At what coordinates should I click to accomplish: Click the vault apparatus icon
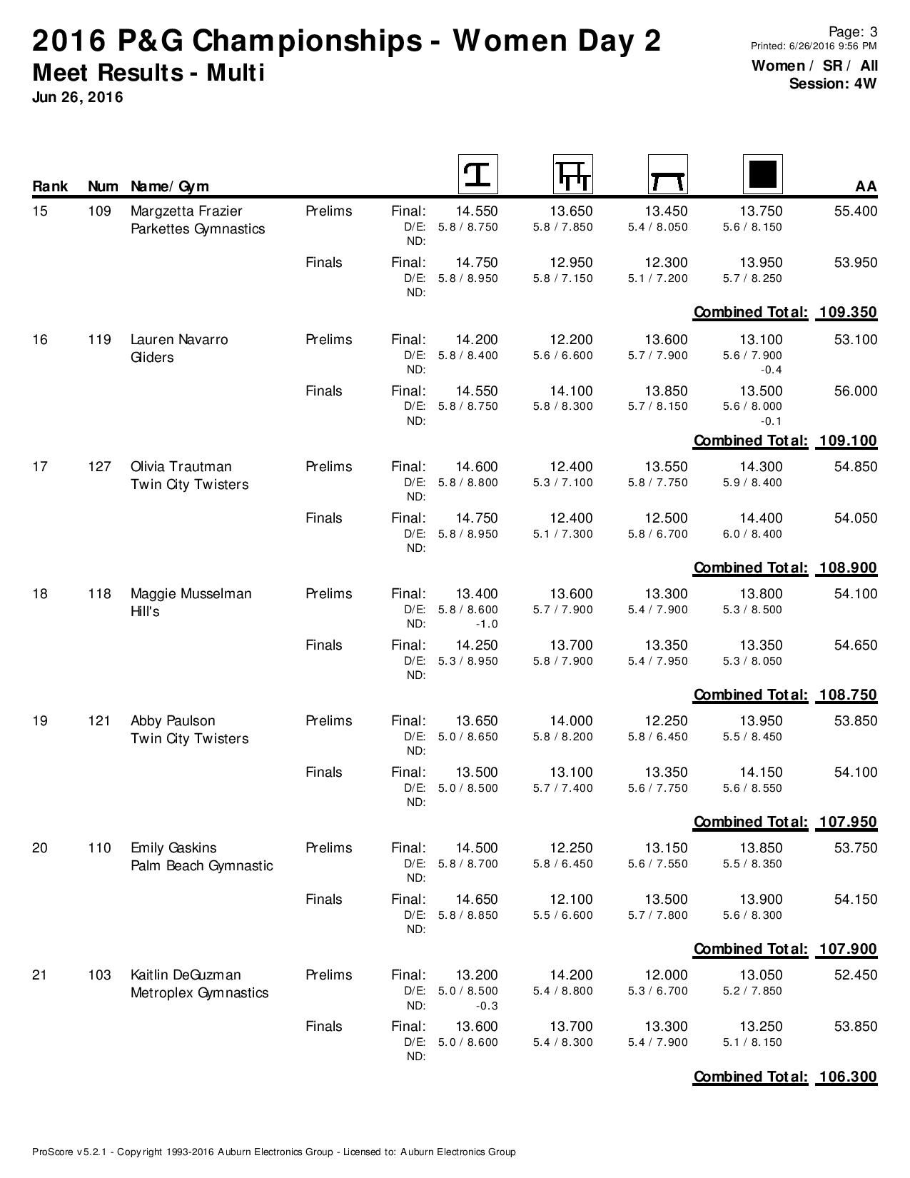477,174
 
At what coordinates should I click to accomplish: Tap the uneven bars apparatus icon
572,174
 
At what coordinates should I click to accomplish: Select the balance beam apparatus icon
667,174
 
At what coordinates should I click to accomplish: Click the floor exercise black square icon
762,174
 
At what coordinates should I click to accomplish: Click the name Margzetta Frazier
186,211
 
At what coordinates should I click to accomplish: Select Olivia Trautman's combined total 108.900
847,568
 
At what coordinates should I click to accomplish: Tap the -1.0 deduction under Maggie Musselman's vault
486,624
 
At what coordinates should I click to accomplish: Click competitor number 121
99,721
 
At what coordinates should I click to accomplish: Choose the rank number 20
40,848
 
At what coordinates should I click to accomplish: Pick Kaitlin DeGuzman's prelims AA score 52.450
855,975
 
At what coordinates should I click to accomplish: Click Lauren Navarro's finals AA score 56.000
855,391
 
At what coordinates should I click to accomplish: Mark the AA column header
865,186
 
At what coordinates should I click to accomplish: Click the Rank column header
50,186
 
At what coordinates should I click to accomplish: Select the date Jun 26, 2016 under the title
77,97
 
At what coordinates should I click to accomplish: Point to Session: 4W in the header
832,84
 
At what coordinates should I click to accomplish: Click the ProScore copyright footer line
273,1152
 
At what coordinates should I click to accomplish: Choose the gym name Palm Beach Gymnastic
201,866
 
